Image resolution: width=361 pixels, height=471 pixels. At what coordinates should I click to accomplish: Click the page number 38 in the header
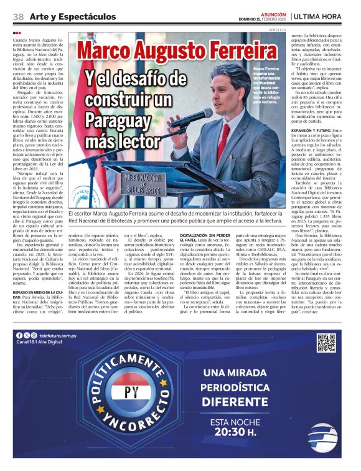[x=18, y=16]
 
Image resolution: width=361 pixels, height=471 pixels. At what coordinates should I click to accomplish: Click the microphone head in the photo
[x=177, y=123]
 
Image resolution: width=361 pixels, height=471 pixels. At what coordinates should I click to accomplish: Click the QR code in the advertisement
[x=326, y=343]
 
